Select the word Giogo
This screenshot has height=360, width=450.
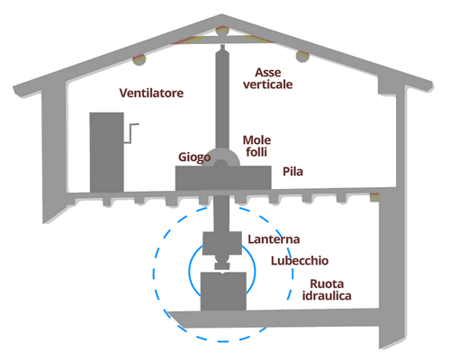pos(194,157)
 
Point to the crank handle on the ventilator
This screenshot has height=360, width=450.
pos(134,131)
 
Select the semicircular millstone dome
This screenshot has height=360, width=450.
pos(221,157)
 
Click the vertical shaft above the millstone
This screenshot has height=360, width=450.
pos(221,99)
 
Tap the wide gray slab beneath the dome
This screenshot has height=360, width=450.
pos(221,177)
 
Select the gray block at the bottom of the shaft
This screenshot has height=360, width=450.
pos(221,290)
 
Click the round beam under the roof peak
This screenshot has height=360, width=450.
pos(220,35)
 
